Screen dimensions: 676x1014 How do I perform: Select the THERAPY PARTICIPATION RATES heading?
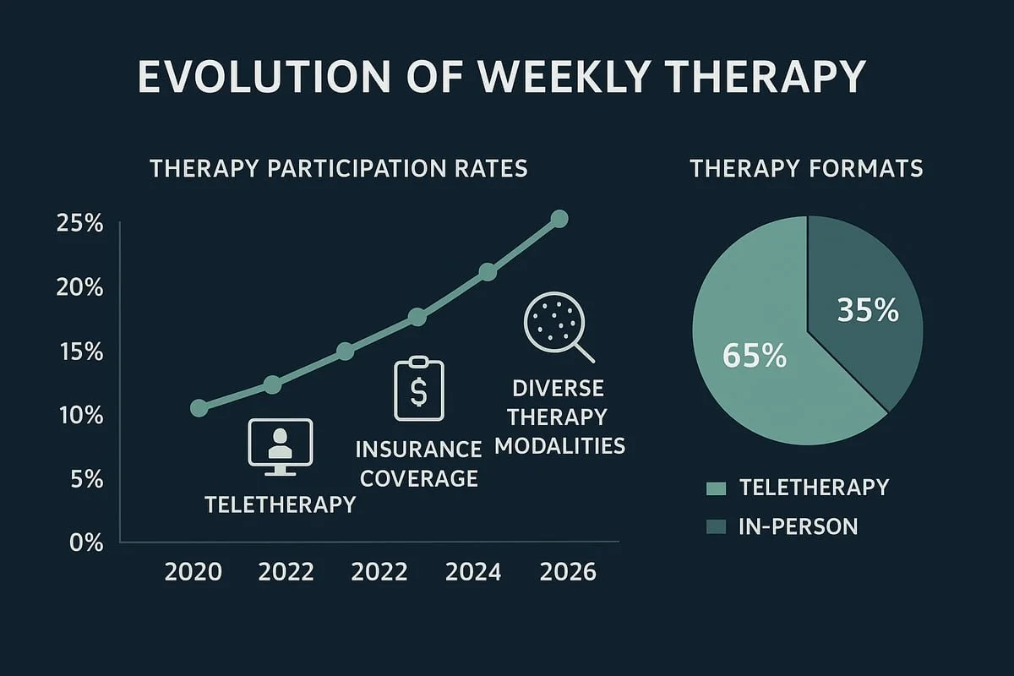coord(339,168)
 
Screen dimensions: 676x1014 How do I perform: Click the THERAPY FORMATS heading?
coord(806,168)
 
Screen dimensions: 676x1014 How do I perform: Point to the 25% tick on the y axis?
coord(79,225)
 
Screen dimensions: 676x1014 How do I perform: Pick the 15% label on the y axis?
coord(79,352)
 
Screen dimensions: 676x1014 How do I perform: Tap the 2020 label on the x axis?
coord(194,572)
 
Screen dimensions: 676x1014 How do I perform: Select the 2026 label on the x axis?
coord(568,572)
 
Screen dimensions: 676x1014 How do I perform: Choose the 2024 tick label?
coord(472,572)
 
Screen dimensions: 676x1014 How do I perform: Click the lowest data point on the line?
coord(199,408)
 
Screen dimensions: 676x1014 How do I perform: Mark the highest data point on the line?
coord(559,219)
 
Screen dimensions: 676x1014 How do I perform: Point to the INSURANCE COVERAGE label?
coord(418,463)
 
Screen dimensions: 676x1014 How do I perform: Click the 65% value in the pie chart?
coord(755,356)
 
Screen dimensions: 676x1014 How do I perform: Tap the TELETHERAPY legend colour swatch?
coord(716,488)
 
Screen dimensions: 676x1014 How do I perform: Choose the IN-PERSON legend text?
coord(798,526)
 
